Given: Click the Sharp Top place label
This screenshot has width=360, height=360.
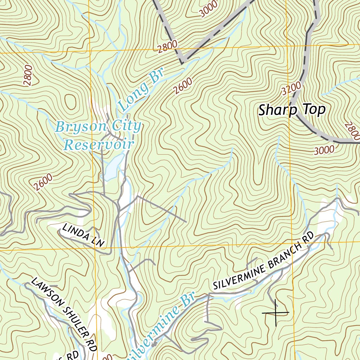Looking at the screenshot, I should coord(292,110).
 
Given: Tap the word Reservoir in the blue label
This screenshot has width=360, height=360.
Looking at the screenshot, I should coord(99,144).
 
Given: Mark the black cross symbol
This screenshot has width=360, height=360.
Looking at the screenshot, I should coord(275,312).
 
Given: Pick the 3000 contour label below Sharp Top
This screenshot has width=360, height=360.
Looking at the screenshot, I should coord(324,150).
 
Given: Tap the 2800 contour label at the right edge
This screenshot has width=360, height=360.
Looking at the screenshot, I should coord(352,131).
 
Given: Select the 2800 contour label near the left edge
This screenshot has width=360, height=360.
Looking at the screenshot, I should coord(28,76).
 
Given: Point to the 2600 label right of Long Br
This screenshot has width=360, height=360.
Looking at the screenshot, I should coord(183,86).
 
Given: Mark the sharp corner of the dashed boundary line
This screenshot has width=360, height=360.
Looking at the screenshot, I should coord(182,63).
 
